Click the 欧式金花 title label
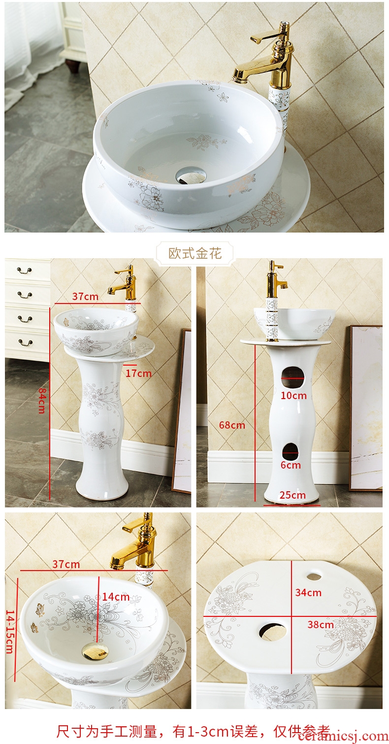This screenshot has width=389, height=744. point(195,253)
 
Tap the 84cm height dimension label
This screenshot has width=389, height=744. point(42,401)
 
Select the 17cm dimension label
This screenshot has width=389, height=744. point(138,373)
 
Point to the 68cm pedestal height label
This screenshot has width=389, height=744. point(232,425)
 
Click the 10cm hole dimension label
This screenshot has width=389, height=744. point(294,396)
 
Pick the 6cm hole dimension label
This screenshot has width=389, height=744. point(291,465)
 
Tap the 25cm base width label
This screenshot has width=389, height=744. point(292,495)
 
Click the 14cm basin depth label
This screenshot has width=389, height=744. point(116,597)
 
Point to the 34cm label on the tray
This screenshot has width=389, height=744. point(308,593)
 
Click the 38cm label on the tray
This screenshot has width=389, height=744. point(321,625)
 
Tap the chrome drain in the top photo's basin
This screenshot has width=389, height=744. point(191,175)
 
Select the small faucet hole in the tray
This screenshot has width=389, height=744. point(314,576)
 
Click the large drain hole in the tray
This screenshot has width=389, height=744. point(272,631)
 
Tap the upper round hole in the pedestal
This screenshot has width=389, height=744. point(293,377)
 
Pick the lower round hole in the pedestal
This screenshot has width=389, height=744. point(291,452)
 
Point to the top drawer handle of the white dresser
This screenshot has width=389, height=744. point(25,271)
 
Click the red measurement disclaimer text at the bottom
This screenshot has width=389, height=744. point(193,732)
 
